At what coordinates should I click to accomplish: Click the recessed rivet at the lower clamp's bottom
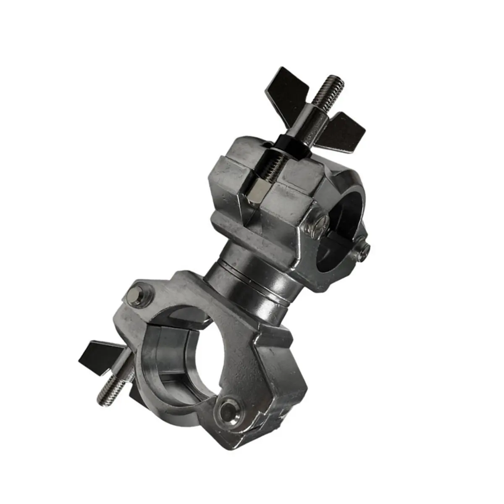(x=229, y=409)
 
